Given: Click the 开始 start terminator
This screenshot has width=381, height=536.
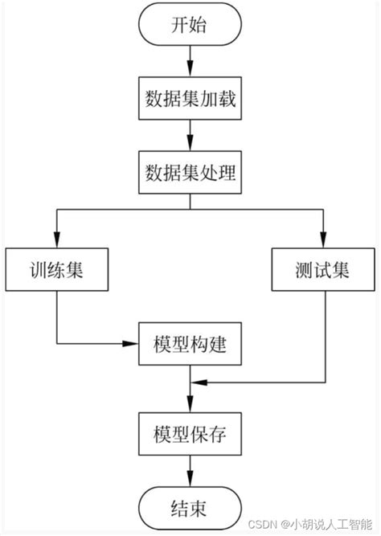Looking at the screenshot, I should [x=190, y=26].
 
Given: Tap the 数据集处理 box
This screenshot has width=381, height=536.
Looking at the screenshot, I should [x=190, y=173].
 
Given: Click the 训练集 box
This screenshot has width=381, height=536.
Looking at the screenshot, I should [x=56, y=270].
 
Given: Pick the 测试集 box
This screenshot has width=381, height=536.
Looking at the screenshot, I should [x=323, y=270].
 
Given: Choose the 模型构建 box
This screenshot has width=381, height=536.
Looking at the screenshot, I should [x=190, y=345].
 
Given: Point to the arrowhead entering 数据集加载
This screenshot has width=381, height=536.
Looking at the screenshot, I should [x=190, y=74].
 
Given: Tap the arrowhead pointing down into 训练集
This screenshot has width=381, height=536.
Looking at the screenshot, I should [x=56, y=243].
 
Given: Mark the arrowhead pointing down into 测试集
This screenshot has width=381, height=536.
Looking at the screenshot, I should [x=323, y=243].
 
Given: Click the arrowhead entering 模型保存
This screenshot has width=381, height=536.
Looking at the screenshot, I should [x=190, y=408].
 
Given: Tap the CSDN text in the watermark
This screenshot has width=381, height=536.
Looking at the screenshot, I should [x=262, y=524].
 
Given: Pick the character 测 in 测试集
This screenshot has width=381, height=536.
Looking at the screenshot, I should [x=304, y=270].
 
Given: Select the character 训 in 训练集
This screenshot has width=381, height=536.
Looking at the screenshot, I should [x=37, y=270].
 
